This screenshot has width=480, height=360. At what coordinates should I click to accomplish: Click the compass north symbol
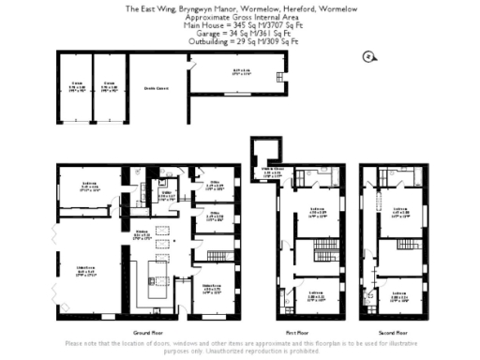click(x=368, y=57)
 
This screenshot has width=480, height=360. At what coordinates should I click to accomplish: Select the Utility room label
click(x=167, y=198)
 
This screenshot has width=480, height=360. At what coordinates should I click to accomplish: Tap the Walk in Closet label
click(x=273, y=171)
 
